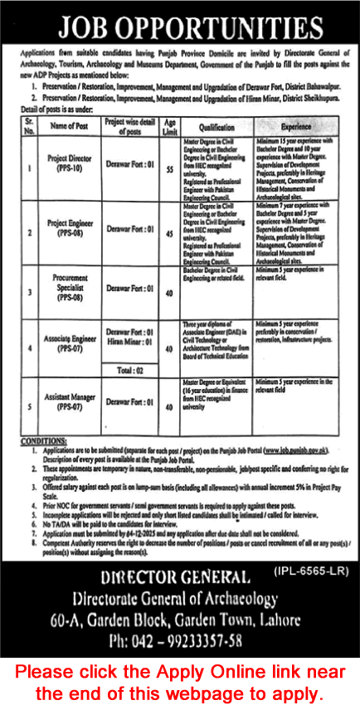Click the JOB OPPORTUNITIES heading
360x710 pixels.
click(180, 26)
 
